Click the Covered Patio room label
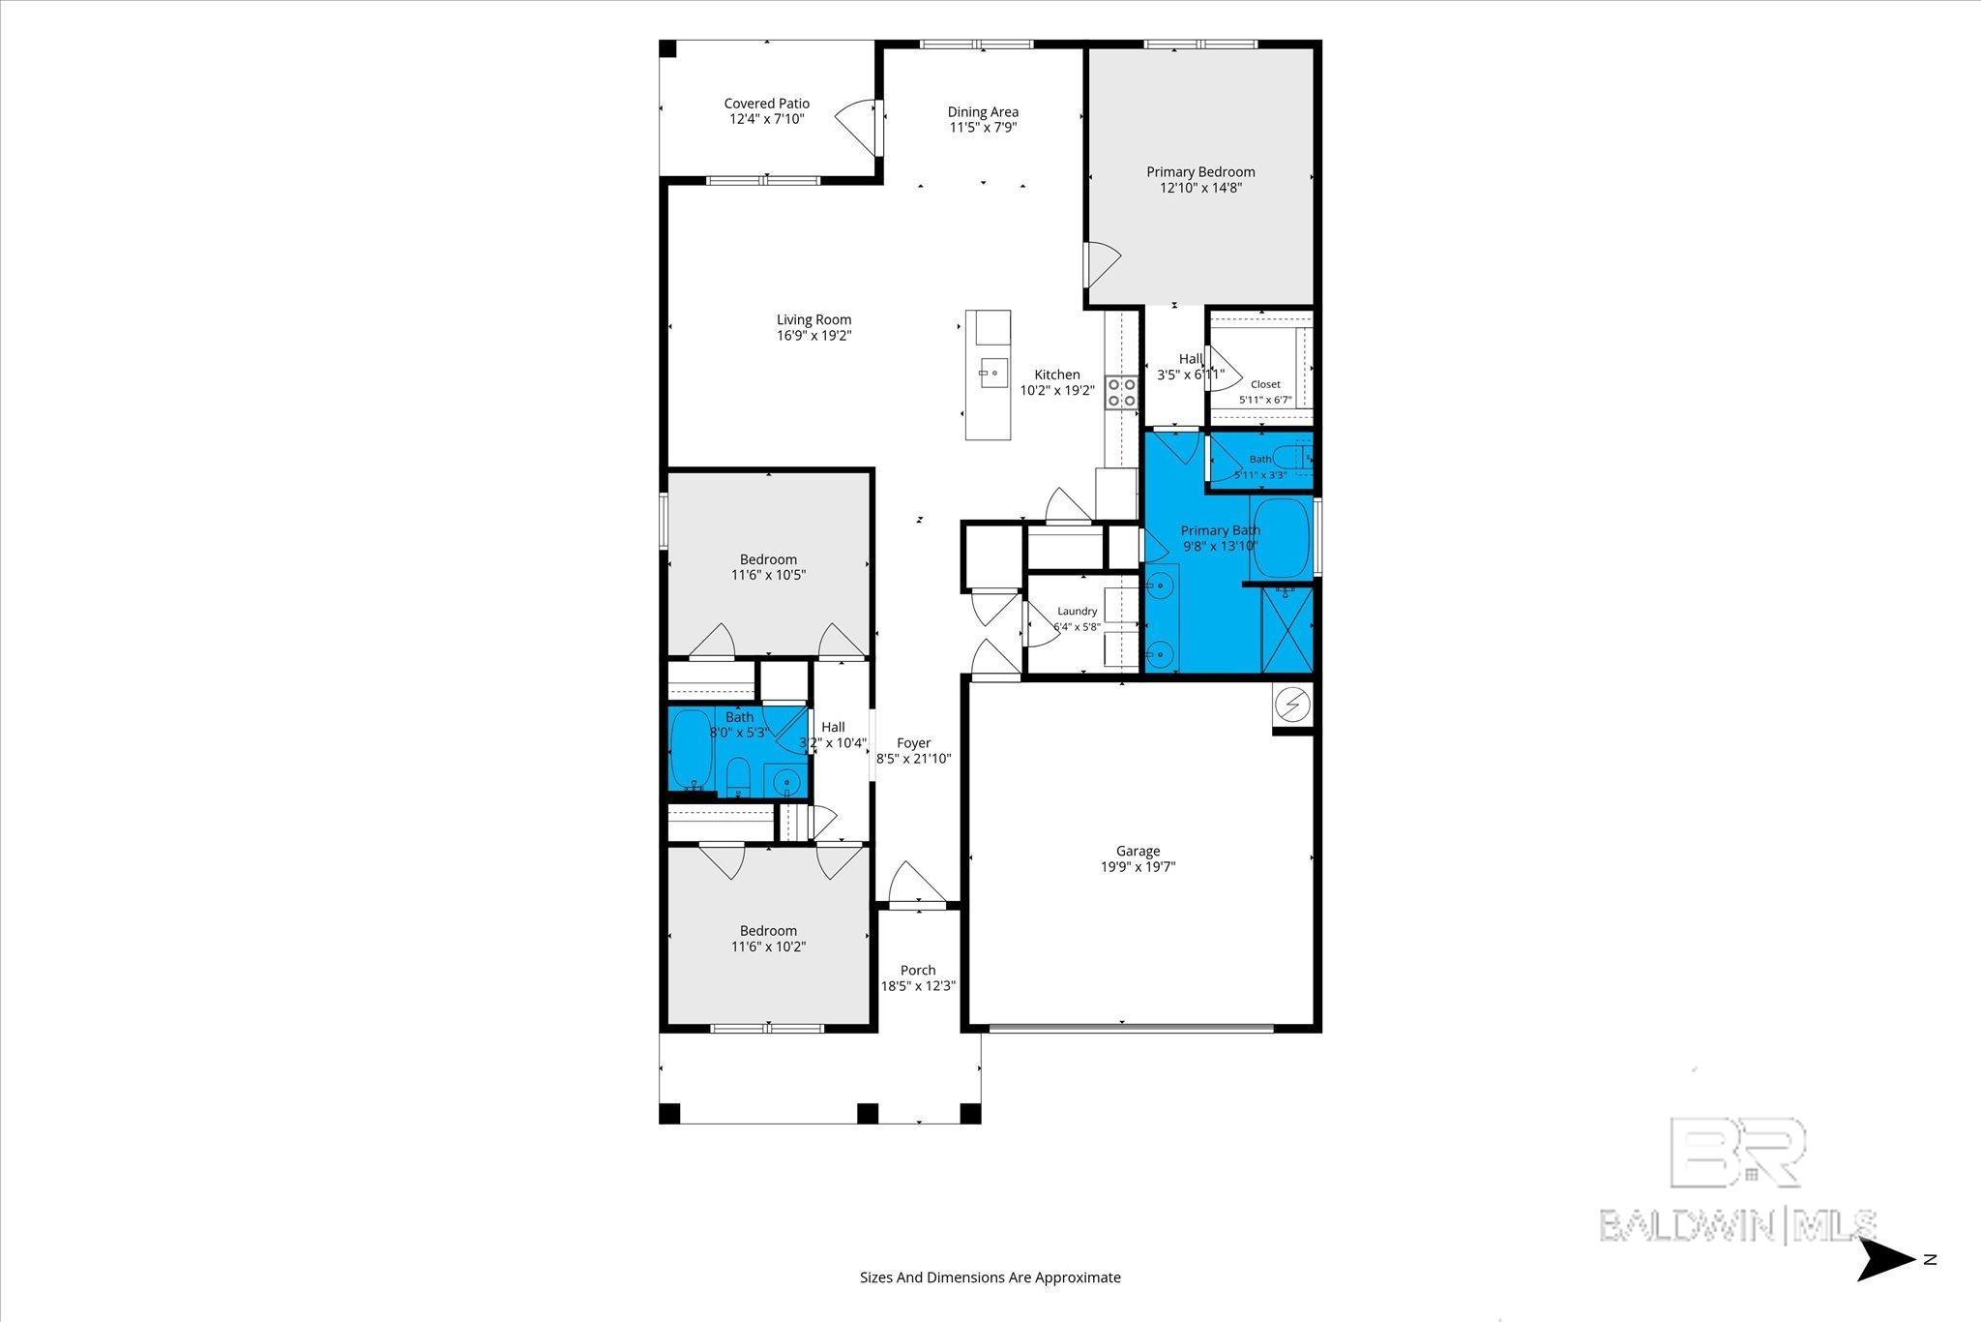tap(767, 104)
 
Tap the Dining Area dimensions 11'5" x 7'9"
tap(983, 128)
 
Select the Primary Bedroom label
tap(1200, 172)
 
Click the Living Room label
tap(814, 320)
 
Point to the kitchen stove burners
tap(1122, 391)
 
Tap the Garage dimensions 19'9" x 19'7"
tap(1138, 868)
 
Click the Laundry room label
tap(1078, 612)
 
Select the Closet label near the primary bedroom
tap(1265, 384)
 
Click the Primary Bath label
tap(1220, 530)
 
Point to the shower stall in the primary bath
tap(1287, 629)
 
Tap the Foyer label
tap(914, 743)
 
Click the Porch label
tap(918, 971)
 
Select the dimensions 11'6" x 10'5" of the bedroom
tap(769, 575)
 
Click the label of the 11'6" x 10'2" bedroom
tap(769, 931)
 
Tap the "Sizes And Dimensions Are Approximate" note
tap(990, 1277)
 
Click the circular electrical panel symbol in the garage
tap(1292, 706)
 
